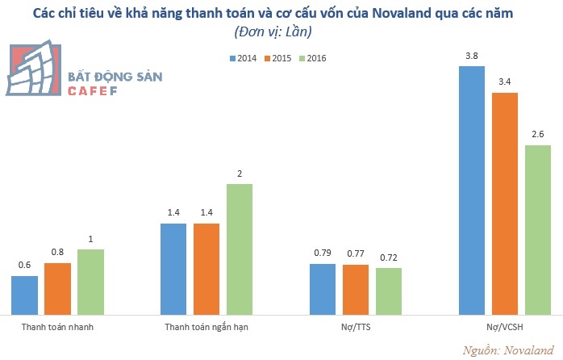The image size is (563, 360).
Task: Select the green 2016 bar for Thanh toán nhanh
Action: (90, 281)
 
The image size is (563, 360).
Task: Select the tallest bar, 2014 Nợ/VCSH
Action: (472, 190)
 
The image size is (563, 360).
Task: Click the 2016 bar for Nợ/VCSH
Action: (537, 229)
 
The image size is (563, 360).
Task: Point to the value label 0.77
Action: (355, 254)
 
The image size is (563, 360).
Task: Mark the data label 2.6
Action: (537, 135)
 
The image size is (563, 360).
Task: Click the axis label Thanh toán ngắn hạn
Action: (206, 328)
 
